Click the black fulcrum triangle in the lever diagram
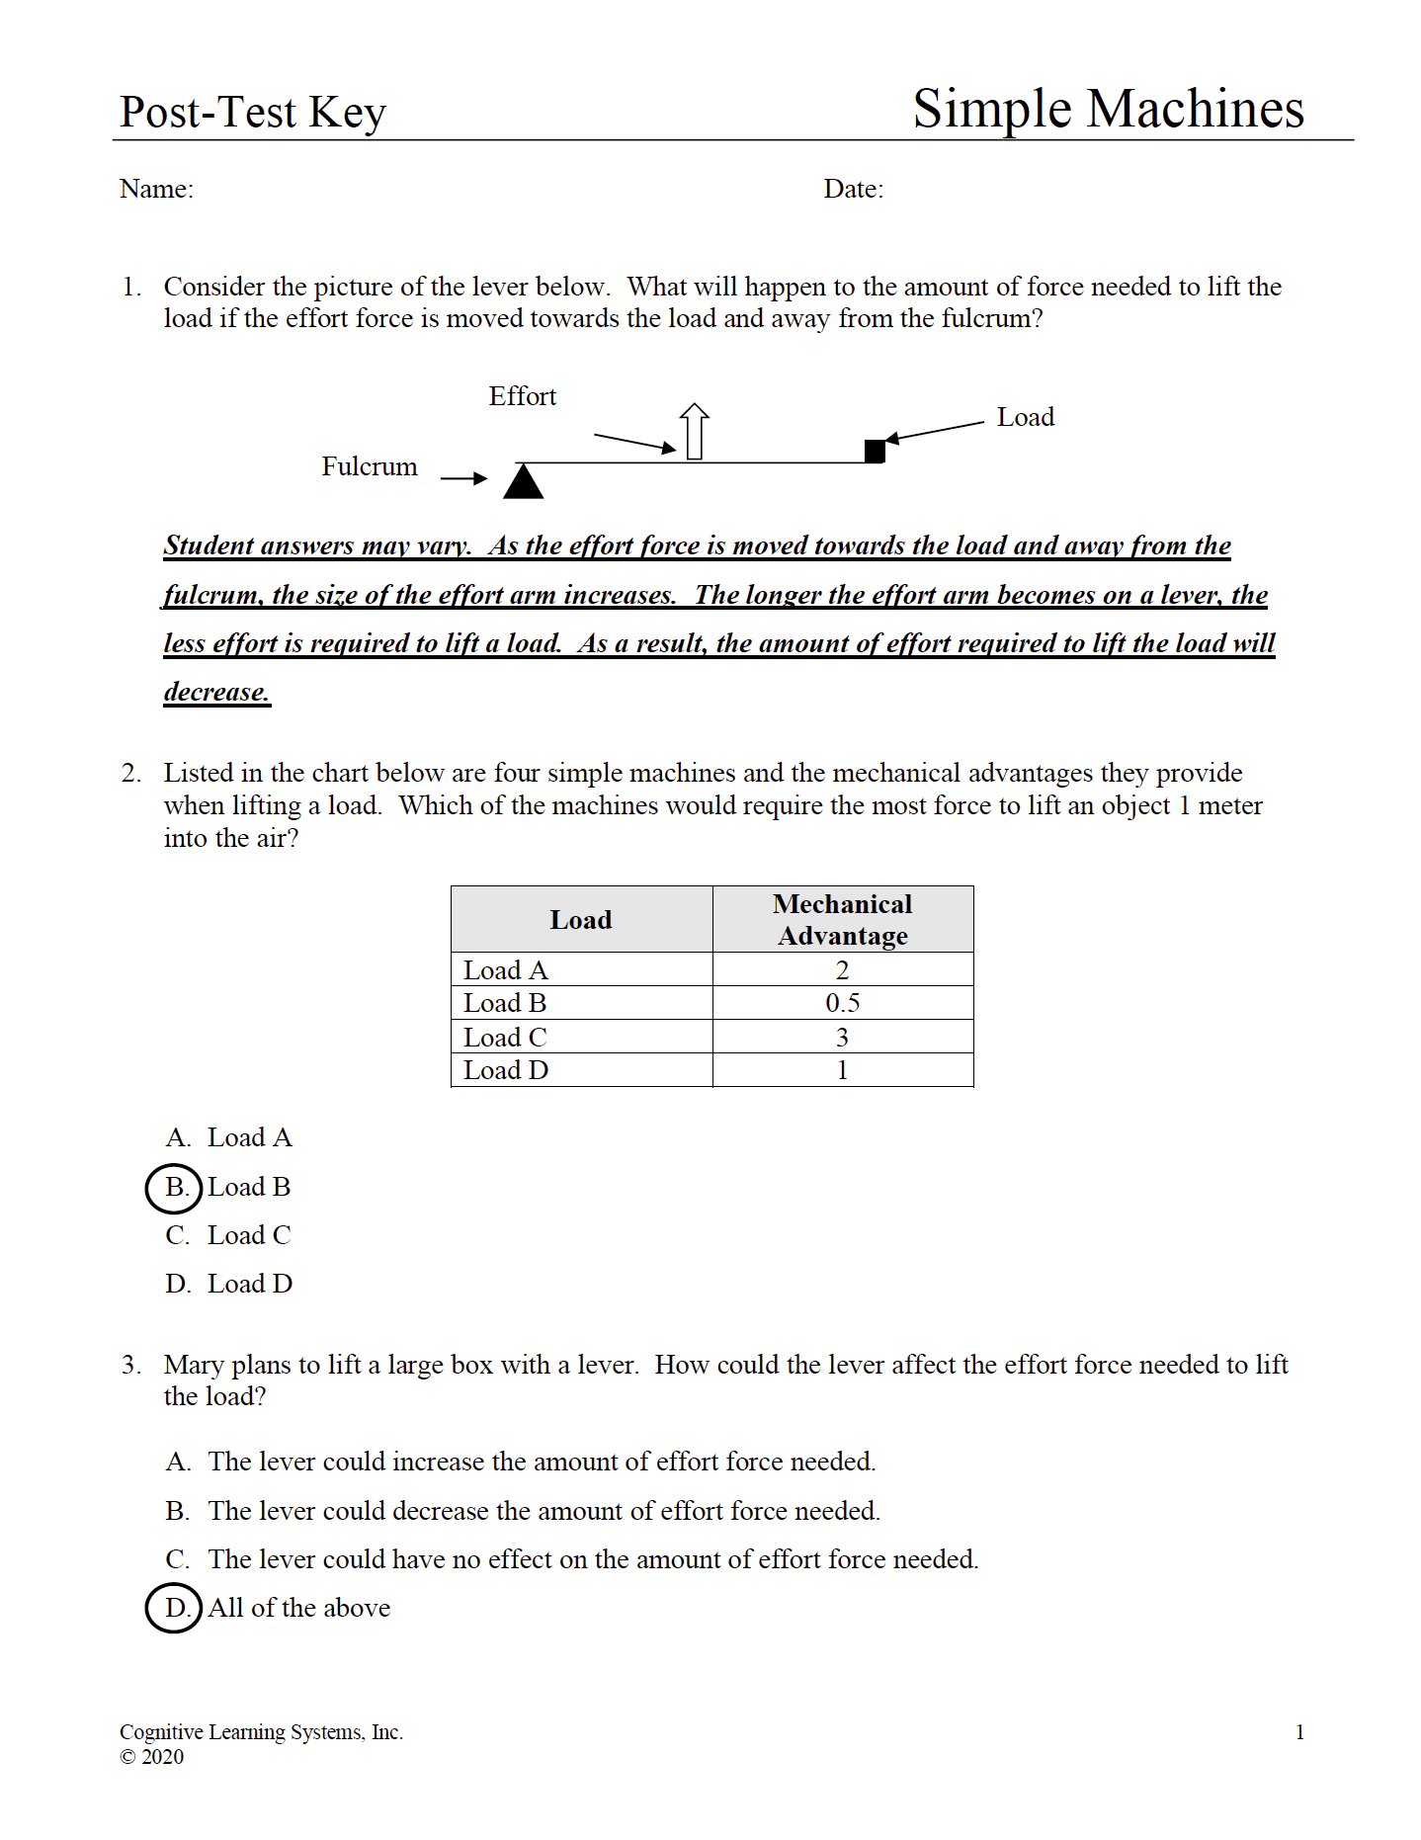point(523,482)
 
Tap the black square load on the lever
point(875,451)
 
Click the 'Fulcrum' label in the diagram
point(370,466)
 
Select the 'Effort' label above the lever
point(523,396)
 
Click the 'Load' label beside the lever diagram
point(1025,417)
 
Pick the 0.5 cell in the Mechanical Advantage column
point(842,1003)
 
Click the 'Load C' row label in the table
point(505,1038)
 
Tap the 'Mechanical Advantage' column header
point(842,919)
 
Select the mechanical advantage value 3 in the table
point(842,1038)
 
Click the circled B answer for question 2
point(175,1187)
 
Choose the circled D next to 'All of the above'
point(175,1608)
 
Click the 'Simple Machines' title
point(1108,108)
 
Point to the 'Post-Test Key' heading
point(253,112)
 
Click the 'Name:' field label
point(156,189)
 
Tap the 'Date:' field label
point(854,189)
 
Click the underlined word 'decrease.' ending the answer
point(216,692)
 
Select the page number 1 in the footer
point(1299,1731)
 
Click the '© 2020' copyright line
point(152,1756)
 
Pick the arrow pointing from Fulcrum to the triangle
point(463,478)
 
